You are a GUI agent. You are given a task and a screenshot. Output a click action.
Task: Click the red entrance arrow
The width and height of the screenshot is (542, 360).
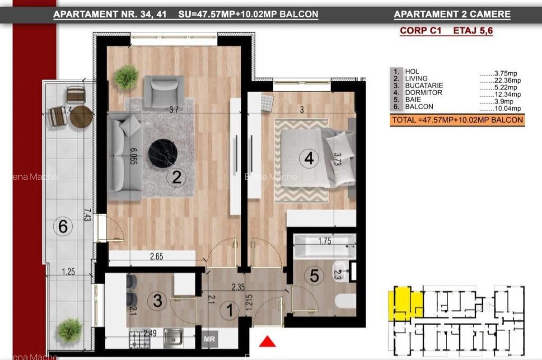pos(267,341)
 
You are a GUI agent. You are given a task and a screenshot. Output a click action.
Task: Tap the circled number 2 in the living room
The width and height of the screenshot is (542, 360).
pos(177,178)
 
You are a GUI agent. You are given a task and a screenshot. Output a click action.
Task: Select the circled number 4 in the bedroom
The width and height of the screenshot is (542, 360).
pos(309,159)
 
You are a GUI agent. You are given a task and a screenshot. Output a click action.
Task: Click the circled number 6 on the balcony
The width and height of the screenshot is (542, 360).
pos(63,226)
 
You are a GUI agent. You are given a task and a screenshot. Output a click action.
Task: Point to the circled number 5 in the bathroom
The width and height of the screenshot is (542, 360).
pos(314,276)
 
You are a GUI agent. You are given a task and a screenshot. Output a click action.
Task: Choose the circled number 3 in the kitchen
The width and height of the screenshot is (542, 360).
pos(157,301)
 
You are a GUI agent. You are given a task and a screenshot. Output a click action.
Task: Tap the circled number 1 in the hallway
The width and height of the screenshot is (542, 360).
pos(229,310)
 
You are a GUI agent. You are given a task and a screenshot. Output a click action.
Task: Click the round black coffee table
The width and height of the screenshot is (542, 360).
pos(163,153)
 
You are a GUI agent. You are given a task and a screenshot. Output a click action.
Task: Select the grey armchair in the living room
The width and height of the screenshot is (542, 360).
pos(164,90)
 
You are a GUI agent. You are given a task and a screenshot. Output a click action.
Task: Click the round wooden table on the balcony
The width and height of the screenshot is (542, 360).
pos(81,117)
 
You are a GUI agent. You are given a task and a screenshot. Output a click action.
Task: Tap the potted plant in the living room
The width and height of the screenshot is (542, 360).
pos(126,77)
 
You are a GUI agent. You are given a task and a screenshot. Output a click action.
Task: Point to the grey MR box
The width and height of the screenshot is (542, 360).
pos(209,339)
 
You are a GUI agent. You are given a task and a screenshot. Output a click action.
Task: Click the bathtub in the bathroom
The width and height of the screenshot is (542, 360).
pos(324,247)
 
